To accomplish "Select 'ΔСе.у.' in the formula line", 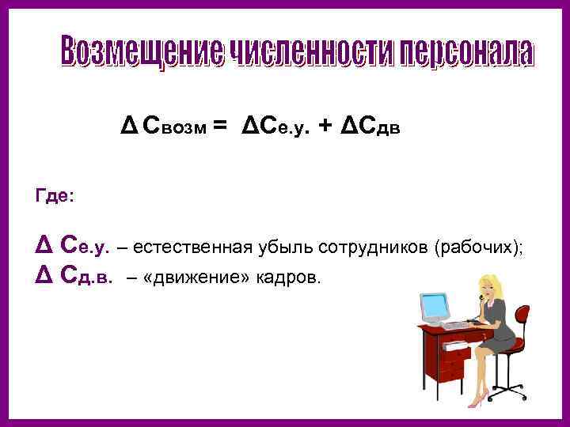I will [x=275, y=124].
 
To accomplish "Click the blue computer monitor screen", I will [x=435, y=303].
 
